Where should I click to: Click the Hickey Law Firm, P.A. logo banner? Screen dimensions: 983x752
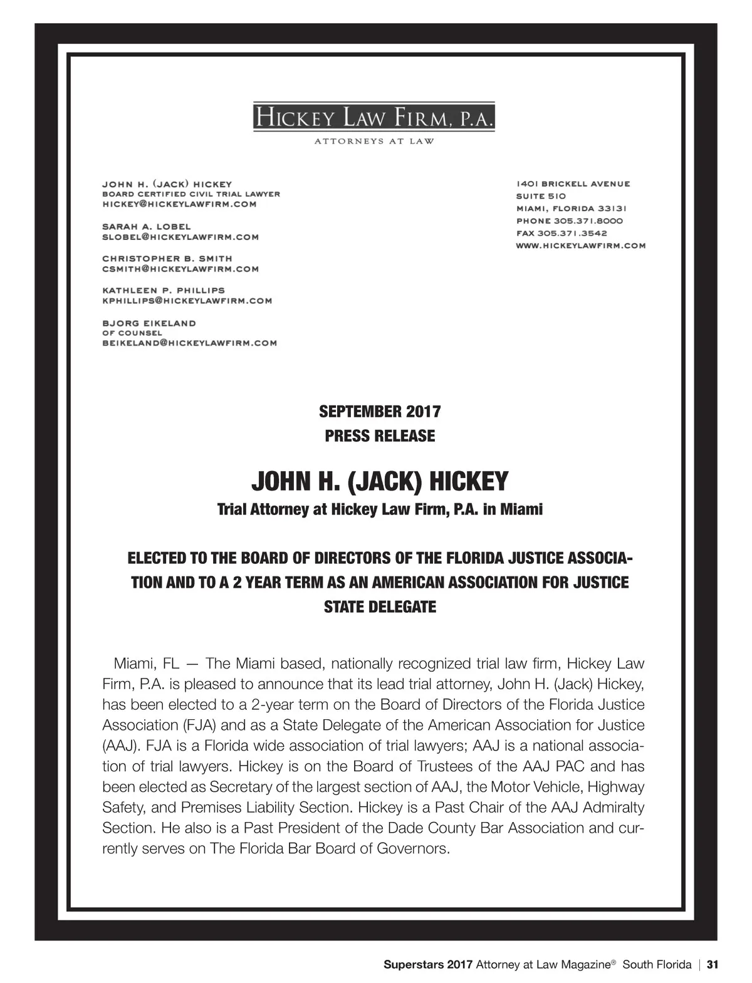(x=373, y=117)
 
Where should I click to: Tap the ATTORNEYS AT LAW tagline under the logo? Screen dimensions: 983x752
(x=373, y=141)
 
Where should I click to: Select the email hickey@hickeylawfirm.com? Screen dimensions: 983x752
(x=179, y=204)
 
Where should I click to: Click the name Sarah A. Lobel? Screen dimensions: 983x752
(x=146, y=226)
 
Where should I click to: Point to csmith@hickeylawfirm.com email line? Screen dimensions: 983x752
(x=180, y=269)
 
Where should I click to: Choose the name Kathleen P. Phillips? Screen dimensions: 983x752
(x=163, y=290)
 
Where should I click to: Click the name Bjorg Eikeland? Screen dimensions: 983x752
(x=149, y=323)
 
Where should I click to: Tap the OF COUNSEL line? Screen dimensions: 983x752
(x=132, y=333)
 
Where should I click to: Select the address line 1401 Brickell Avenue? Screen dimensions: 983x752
(x=573, y=184)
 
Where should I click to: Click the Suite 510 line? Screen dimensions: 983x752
(x=541, y=196)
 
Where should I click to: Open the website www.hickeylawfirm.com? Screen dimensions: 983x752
(x=580, y=246)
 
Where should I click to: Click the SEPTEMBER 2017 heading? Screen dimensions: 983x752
(x=380, y=412)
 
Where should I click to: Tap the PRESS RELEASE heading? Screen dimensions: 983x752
(x=380, y=436)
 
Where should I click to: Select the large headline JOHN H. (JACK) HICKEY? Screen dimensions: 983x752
(x=380, y=482)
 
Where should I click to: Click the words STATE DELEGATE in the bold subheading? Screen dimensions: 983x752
(x=380, y=607)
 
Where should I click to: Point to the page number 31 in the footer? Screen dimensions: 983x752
(x=712, y=965)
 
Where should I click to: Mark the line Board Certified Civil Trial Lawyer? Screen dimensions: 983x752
(x=191, y=194)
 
